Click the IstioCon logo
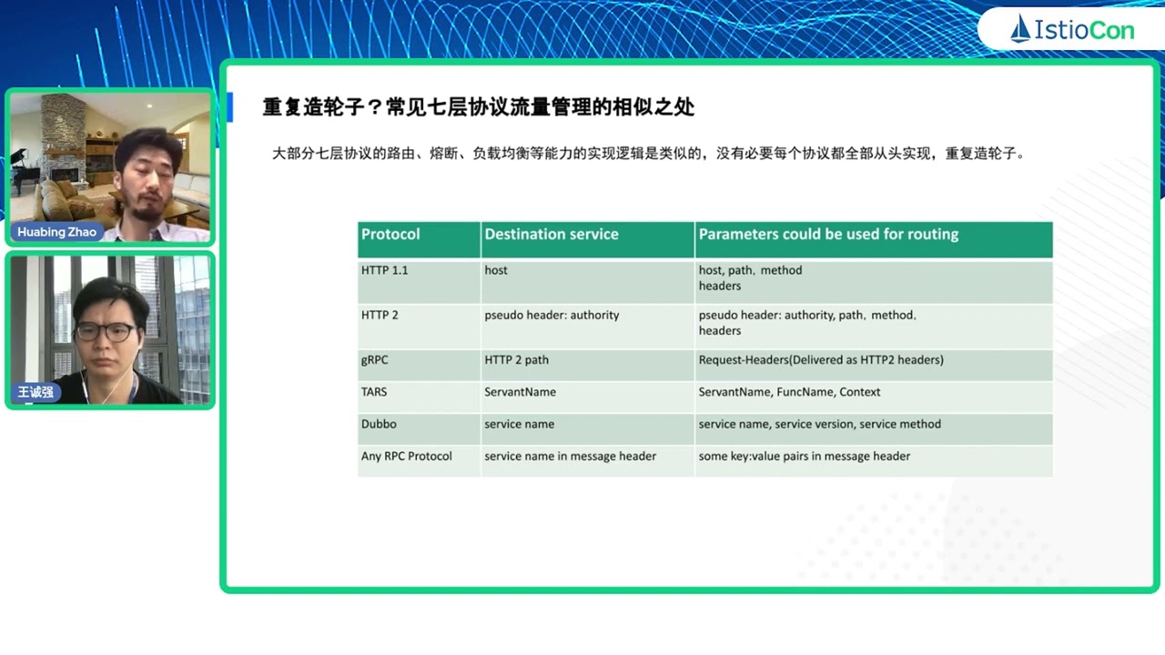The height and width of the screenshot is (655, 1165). [1072, 30]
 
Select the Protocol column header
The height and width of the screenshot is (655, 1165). [390, 235]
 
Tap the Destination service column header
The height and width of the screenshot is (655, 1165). [551, 235]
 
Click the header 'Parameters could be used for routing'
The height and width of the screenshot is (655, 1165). [828, 235]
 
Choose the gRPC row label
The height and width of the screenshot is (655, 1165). [374, 360]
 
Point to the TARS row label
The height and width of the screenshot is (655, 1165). [374, 392]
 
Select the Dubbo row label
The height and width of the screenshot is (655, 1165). [379, 424]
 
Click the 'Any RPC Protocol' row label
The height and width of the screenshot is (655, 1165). [406, 456]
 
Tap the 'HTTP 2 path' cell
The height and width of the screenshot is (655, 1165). [516, 360]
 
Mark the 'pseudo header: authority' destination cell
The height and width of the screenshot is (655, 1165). [552, 315]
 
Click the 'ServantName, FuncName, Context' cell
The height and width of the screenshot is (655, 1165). [789, 392]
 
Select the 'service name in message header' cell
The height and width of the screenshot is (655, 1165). [570, 456]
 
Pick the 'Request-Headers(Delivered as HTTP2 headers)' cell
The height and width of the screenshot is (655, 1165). [821, 360]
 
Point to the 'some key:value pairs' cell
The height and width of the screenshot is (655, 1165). [804, 456]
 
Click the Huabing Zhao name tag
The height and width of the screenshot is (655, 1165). [56, 232]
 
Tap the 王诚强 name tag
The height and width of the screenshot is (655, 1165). [36, 393]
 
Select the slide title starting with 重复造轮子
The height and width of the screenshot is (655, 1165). [478, 107]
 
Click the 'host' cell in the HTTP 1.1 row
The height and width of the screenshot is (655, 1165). [496, 270]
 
